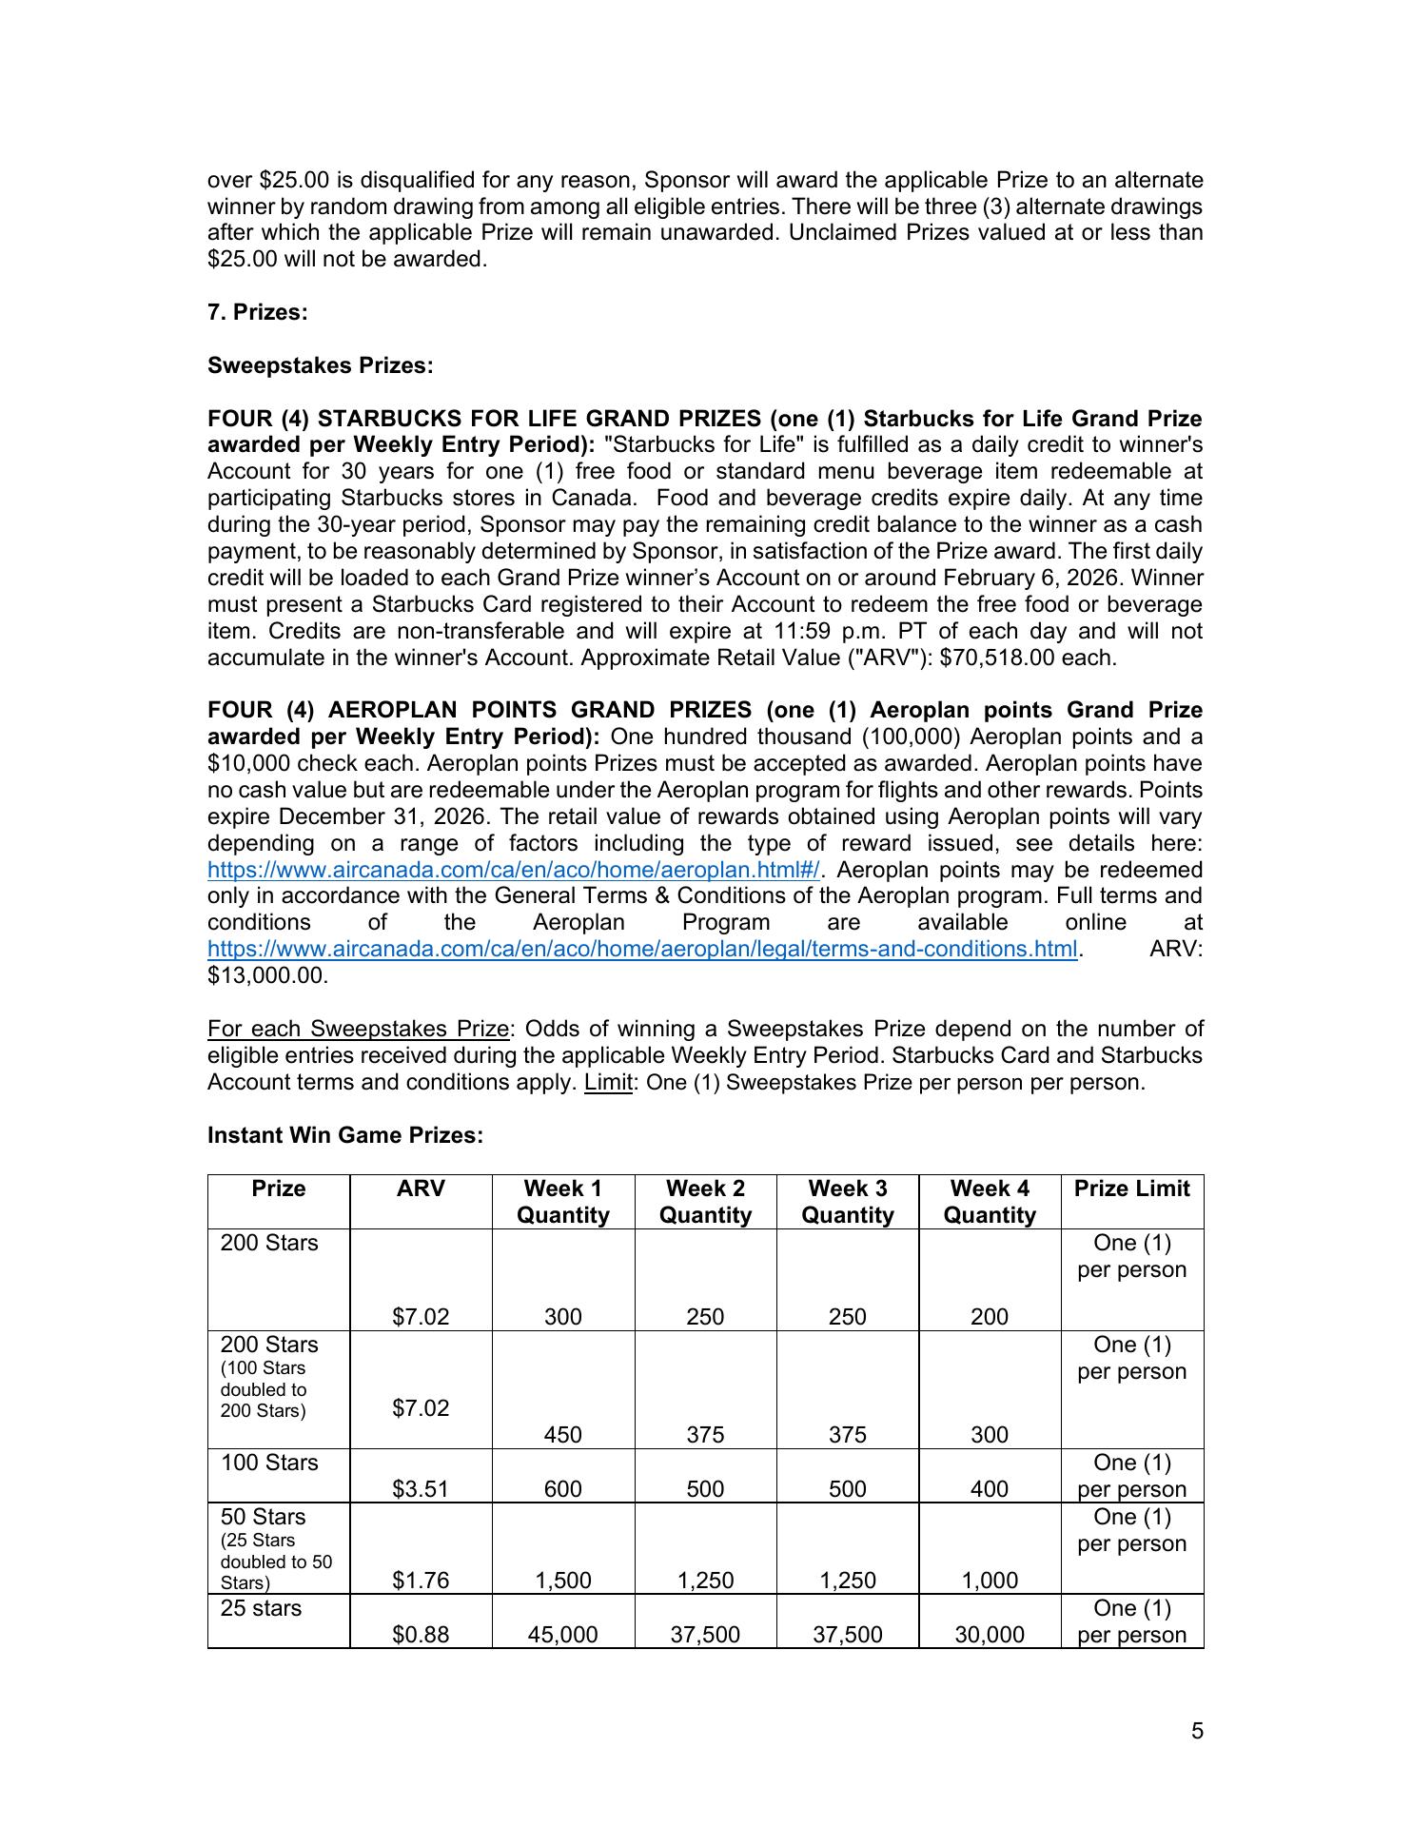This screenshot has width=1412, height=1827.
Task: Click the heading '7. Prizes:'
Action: (x=257, y=312)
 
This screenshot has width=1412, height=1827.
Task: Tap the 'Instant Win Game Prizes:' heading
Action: (x=345, y=1135)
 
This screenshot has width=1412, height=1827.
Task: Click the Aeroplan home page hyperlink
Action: (x=513, y=870)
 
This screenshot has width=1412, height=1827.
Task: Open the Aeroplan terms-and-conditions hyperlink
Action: (x=642, y=949)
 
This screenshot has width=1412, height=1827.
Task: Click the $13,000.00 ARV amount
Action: (x=267, y=975)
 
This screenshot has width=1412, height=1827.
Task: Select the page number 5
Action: (x=1197, y=1730)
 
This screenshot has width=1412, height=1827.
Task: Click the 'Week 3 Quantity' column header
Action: (x=847, y=1202)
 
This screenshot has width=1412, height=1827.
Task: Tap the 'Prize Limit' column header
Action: (x=1131, y=1189)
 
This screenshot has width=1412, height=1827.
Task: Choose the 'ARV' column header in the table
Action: (x=421, y=1189)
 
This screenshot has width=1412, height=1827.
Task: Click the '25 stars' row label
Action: (x=261, y=1608)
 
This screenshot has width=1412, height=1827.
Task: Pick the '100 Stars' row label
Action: (x=269, y=1463)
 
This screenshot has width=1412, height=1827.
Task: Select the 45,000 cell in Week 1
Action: (x=562, y=1635)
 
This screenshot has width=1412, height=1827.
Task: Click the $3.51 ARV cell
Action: (x=421, y=1489)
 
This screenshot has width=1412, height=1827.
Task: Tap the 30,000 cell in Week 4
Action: (x=990, y=1635)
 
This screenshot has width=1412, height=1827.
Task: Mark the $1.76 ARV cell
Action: (x=421, y=1581)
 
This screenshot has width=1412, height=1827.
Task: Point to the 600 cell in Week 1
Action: (x=562, y=1489)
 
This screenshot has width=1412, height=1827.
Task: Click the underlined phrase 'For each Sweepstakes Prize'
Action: (x=359, y=1029)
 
